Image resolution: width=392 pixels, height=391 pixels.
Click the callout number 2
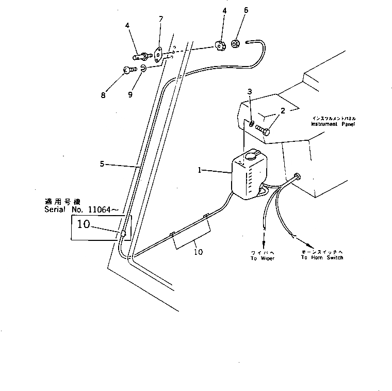pos(283,111)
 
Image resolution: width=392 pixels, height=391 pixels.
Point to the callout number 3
pos(249,92)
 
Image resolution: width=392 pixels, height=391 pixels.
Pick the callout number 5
pos(102,164)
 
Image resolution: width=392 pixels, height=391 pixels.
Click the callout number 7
pos(160,19)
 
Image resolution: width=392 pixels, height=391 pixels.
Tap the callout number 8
pos(103,95)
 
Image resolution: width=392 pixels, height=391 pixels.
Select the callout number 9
pos(130,95)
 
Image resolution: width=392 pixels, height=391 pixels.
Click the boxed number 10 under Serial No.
pos(84,224)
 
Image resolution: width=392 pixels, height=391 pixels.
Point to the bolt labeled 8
pos(129,70)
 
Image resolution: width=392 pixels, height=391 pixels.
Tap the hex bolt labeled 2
pos(262,131)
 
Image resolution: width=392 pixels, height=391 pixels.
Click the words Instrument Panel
pos(333,124)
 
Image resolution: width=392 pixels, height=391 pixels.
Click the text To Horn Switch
pos(322,257)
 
